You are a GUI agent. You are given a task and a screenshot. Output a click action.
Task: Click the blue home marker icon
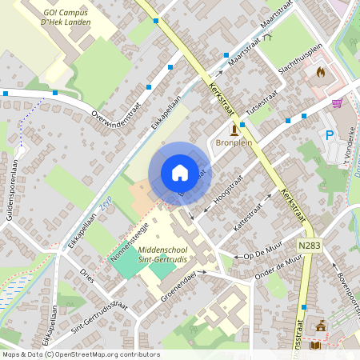179,173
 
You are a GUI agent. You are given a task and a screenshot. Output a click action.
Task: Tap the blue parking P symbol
329,136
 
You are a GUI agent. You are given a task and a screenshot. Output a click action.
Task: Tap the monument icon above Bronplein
234,129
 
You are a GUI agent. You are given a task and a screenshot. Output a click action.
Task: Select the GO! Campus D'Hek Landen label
67,18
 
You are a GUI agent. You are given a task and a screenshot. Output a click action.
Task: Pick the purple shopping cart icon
337,103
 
